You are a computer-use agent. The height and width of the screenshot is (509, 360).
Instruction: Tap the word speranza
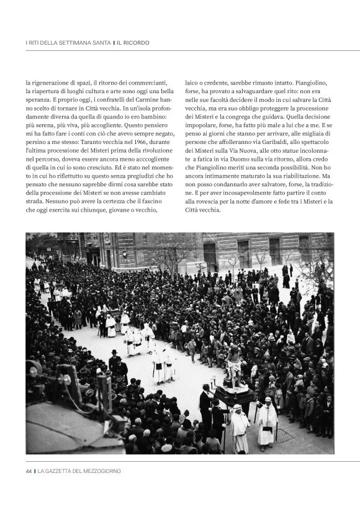click(x=38, y=100)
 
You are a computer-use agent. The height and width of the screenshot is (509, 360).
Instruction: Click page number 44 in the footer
click(x=29, y=471)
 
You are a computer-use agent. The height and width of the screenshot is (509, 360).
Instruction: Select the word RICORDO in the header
click(x=136, y=43)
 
